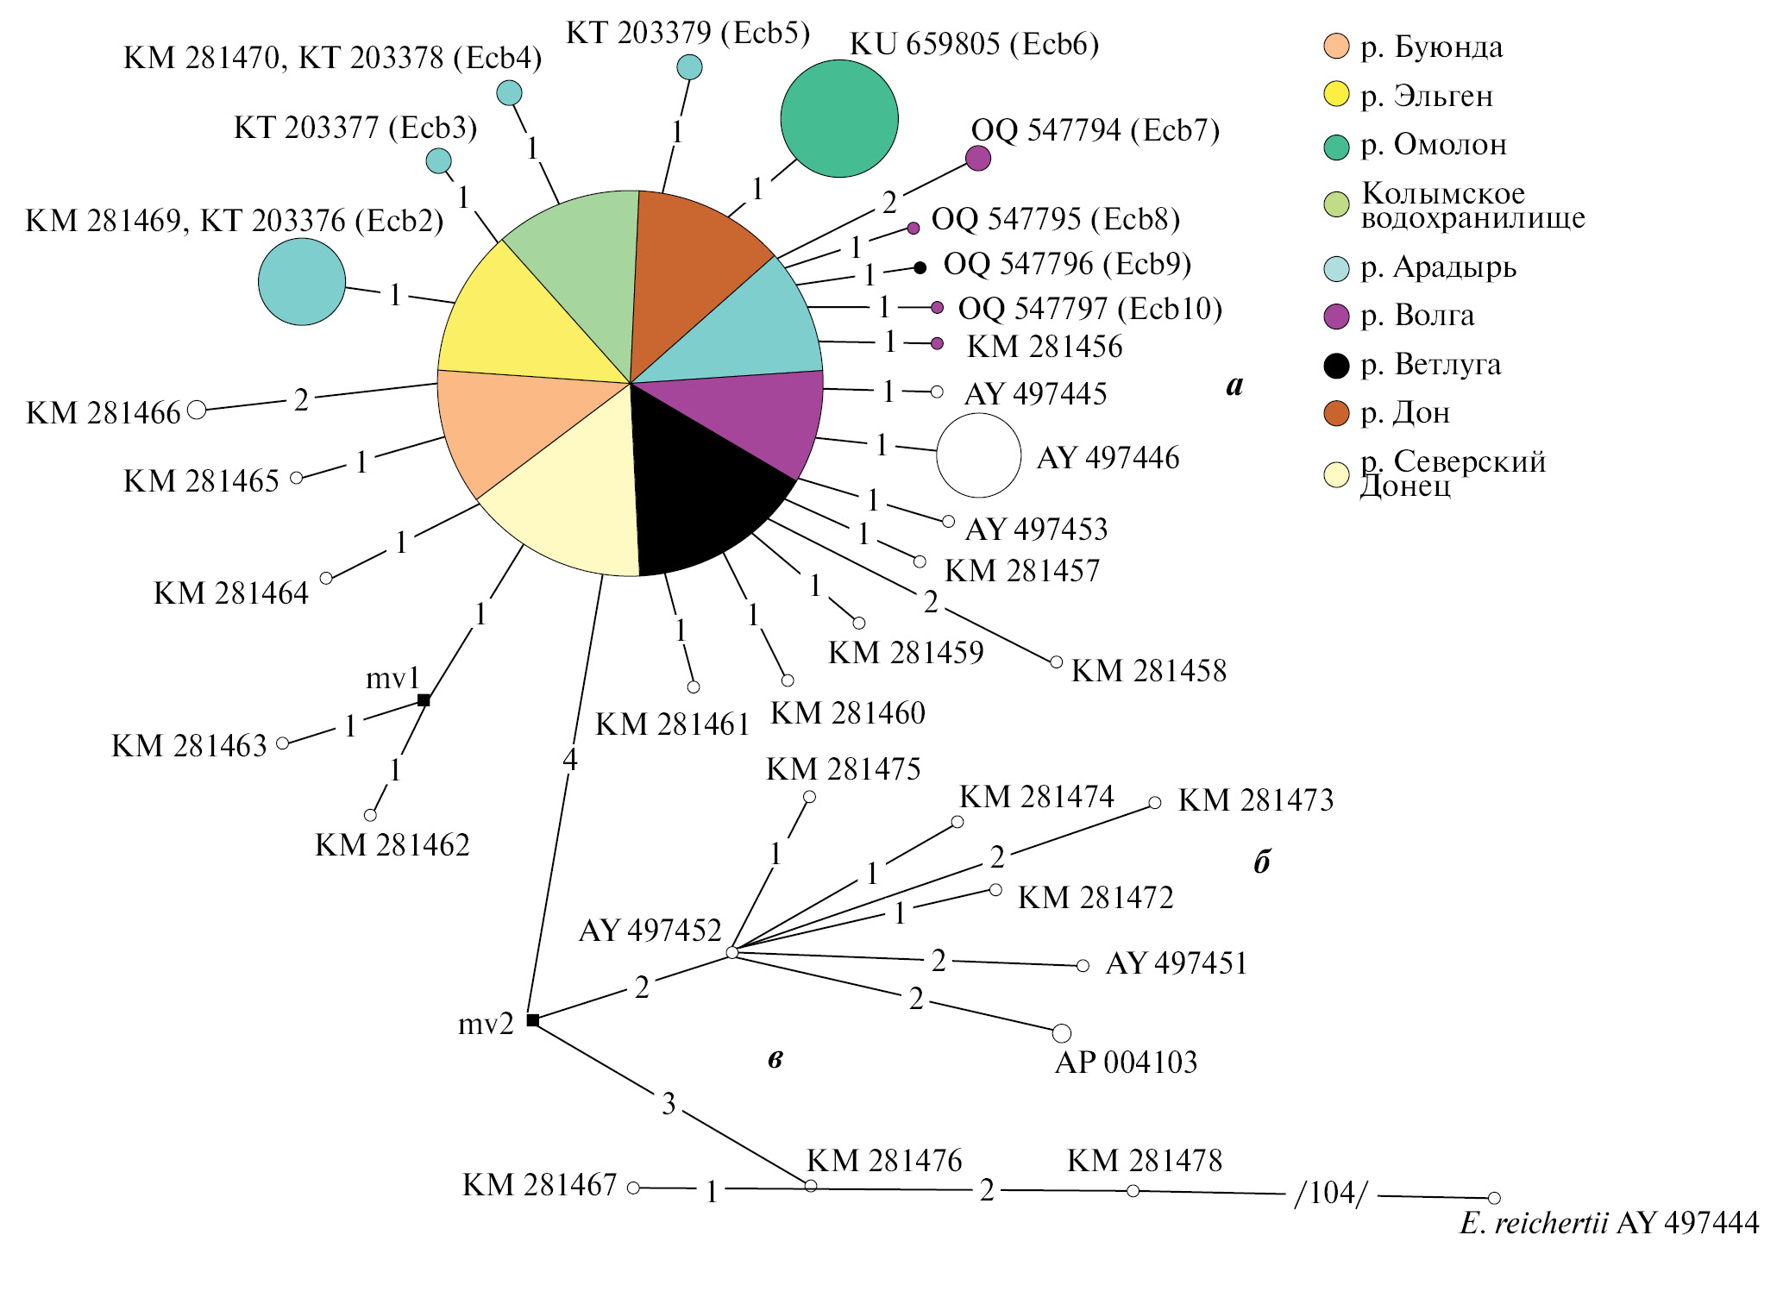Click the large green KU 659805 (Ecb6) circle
click(x=838, y=118)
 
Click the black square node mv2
click(x=533, y=1020)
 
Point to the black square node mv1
click(x=424, y=700)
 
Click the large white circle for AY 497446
click(x=978, y=455)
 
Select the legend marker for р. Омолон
click(x=1336, y=147)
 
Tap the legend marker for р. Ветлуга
click(x=1336, y=366)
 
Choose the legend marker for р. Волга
click(x=1336, y=317)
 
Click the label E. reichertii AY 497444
click(x=1609, y=1223)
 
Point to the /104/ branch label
click(x=1331, y=1194)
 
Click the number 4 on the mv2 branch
click(x=569, y=760)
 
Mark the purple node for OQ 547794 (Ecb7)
click(x=977, y=158)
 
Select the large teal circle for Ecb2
click(x=302, y=282)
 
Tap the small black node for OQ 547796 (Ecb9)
click(x=920, y=268)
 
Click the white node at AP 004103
click(x=1062, y=1033)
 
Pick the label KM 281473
click(x=1255, y=800)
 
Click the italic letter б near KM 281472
click(x=1261, y=862)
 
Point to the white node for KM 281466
click(x=197, y=410)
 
